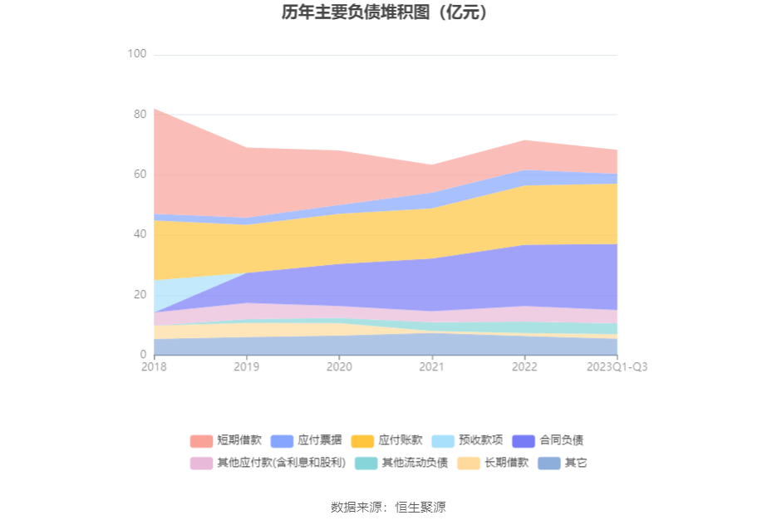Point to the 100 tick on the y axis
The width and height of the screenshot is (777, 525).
[136, 54]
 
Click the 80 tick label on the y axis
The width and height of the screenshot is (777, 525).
[139, 114]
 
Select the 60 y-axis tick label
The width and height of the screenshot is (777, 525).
[139, 174]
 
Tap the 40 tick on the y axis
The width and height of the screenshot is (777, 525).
[139, 234]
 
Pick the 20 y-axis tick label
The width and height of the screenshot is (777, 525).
[139, 295]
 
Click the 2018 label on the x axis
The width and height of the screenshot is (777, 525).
[154, 366]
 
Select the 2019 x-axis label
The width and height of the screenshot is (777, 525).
[247, 366]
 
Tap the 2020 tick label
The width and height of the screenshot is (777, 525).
[339, 366]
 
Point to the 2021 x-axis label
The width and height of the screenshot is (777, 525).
[432, 366]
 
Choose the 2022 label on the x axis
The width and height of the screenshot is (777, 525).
[524, 366]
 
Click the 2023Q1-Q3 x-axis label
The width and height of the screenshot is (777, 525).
[617, 366]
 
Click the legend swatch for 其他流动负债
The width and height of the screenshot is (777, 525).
[366, 463]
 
